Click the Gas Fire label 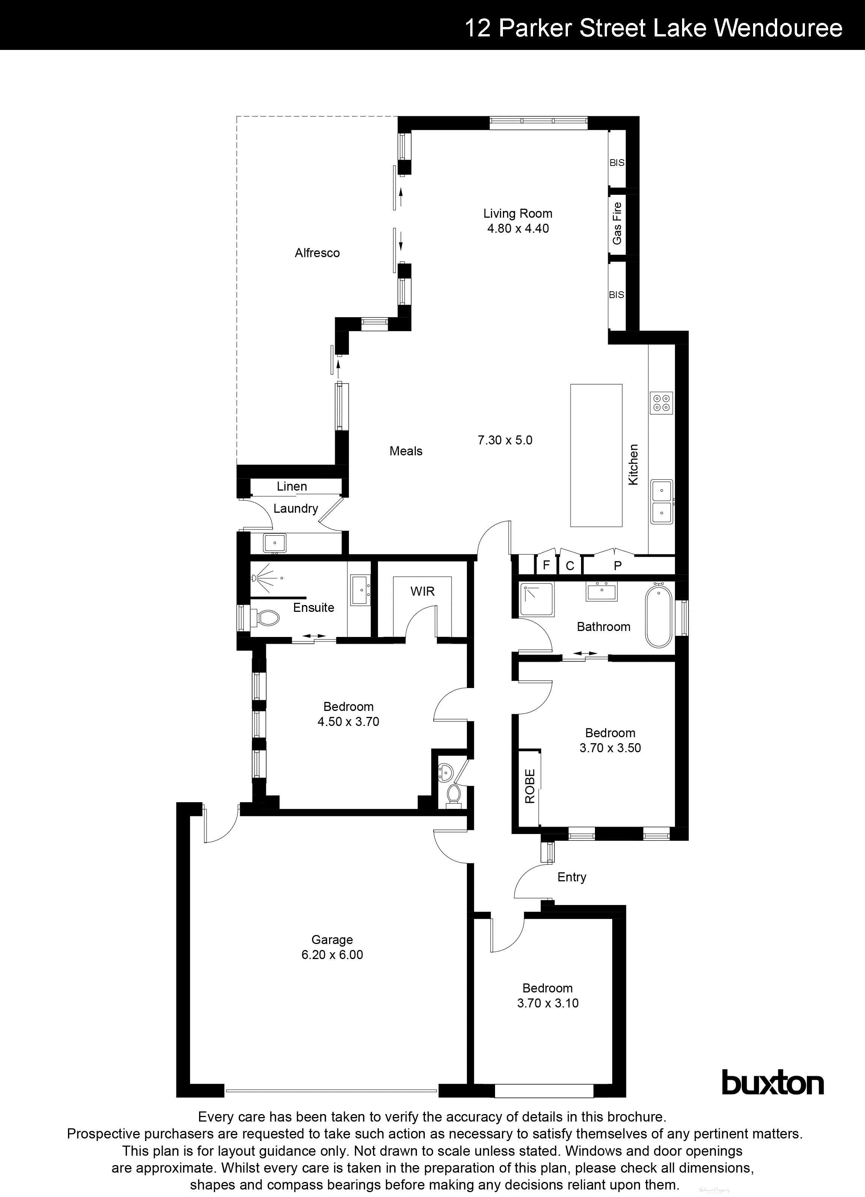[617, 223]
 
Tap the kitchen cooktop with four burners [661, 403]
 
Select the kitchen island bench [596, 455]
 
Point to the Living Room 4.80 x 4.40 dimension [518, 229]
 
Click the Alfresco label [317, 253]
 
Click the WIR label [423, 592]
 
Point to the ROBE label [530, 786]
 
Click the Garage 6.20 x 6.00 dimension [332, 955]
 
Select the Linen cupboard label [291, 486]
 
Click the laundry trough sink [275, 542]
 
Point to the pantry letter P [617, 566]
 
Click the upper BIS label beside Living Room [617, 163]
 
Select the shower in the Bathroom [536, 599]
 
